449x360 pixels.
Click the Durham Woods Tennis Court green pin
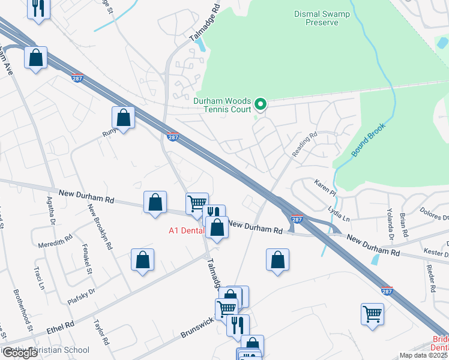[x=260, y=105]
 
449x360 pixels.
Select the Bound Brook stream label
[x=367, y=142]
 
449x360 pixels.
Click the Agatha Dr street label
[x=52, y=210]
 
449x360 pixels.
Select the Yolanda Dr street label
[x=389, y=223]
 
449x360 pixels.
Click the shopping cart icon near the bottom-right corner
[x=372, y=314]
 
